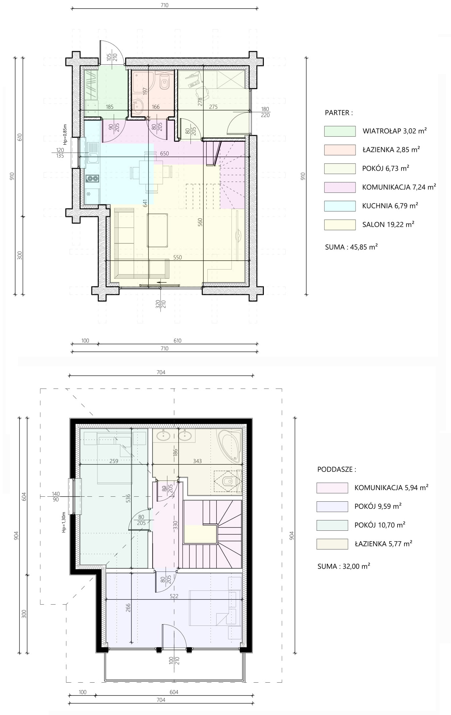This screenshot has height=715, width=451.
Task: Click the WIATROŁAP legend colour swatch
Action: [x=340, y=131]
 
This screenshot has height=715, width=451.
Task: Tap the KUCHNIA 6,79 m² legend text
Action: [x=390, y=206]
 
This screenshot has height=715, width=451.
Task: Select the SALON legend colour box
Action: [x=340, y=225]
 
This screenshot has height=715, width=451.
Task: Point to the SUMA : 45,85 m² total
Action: [x=351, y=247]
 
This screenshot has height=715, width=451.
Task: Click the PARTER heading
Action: [x=339, y=113]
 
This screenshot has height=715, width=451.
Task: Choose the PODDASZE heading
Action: [x=337, y=469]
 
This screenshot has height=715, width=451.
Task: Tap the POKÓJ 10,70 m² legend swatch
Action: [x=332, y=525]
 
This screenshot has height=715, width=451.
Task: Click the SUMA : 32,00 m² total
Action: [x=344, y=566]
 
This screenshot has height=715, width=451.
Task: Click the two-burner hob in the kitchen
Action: [x=92, y=179]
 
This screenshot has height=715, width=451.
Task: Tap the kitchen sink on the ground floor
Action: [x=93, y=154]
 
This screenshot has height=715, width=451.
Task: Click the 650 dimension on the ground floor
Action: [x=164, y=154]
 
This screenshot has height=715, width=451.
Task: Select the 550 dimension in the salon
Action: [x=178, y=257]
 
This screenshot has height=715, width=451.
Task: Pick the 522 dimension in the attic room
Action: [x=174, y=596]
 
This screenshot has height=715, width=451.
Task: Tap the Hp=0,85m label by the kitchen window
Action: [x=65, y=134]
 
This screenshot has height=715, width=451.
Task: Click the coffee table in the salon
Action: [x=157, y=230]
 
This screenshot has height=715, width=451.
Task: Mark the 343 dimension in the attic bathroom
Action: [x=197, y=461]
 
